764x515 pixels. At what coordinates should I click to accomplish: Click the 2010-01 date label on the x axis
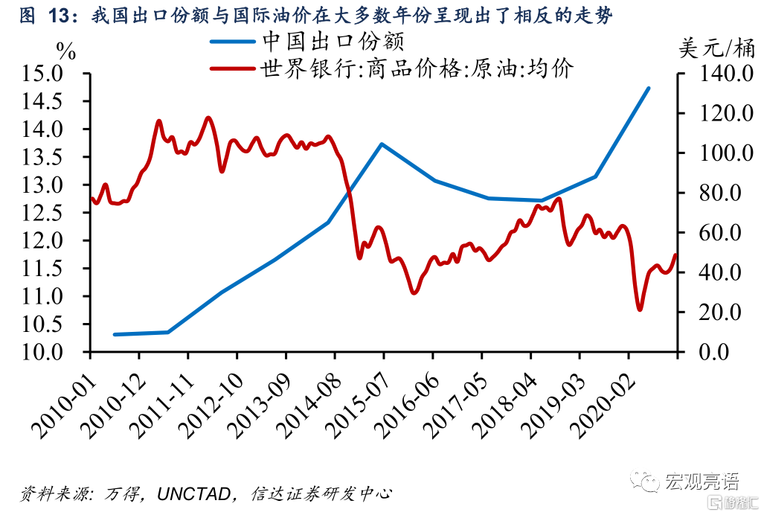pos(62,399)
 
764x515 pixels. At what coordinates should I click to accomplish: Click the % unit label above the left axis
pos(66,51)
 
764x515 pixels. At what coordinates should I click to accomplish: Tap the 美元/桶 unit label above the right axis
pos(716,49)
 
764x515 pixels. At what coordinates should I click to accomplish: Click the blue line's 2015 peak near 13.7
pos(381,144)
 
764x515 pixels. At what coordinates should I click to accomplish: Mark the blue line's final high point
pos(649,88)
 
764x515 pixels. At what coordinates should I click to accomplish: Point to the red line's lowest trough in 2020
pos(640,309)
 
